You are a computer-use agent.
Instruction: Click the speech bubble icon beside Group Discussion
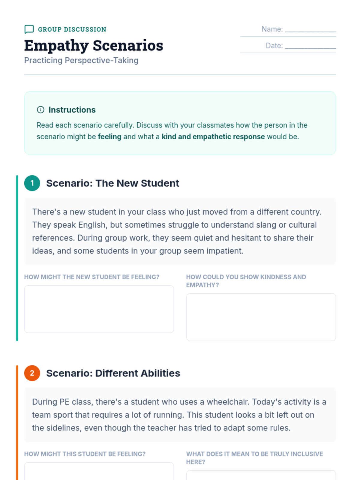click(29, 29)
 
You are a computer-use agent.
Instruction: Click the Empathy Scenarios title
click(94, 46)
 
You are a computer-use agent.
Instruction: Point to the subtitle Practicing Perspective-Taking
click(81, 60)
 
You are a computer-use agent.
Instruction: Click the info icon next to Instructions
click(40, 110)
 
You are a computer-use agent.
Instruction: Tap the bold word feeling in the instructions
click(109, 137)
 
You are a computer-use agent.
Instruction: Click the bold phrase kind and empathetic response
click(213, 137)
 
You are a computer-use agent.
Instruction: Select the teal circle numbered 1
click(32, 183)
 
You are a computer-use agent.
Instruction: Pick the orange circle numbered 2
click(32, 373)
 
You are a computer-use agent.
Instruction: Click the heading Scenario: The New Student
click(112, 183)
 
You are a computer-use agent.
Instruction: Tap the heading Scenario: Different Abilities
click(113, 373)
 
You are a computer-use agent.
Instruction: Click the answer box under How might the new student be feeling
click(99, 309)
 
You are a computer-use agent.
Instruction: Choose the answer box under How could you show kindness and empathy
click(261, 317)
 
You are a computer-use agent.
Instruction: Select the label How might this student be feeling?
click(85, 454)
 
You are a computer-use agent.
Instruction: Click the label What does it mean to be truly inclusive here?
click(254, 458)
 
